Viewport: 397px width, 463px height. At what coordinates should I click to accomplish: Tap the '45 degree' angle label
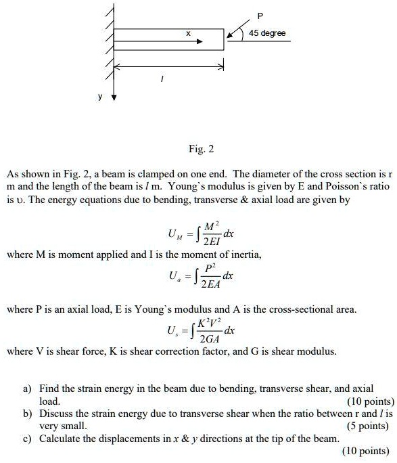click(x=267, y=33)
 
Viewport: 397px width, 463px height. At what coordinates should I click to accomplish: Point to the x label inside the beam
click(x=188, y=32)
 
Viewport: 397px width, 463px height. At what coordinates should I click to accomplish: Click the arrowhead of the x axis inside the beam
click(x=200, y=40)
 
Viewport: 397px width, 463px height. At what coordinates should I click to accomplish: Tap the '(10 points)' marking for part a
click(x=370, y=401)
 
